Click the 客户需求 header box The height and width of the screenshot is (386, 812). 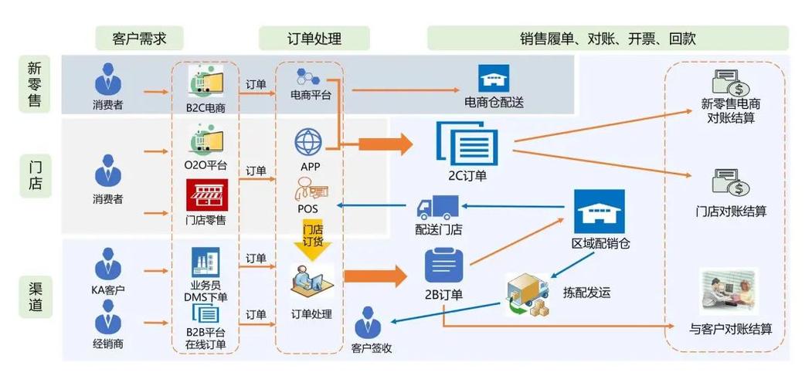pos(139,38)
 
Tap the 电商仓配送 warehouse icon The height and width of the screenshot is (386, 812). pos(493,79)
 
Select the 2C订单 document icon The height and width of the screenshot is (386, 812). pos(467,144)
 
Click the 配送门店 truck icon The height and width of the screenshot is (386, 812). pos(437,207)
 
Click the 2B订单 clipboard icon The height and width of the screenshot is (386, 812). pos(443,266)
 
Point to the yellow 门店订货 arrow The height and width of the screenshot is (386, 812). pos(312,238)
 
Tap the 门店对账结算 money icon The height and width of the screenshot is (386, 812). pos(730,182)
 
